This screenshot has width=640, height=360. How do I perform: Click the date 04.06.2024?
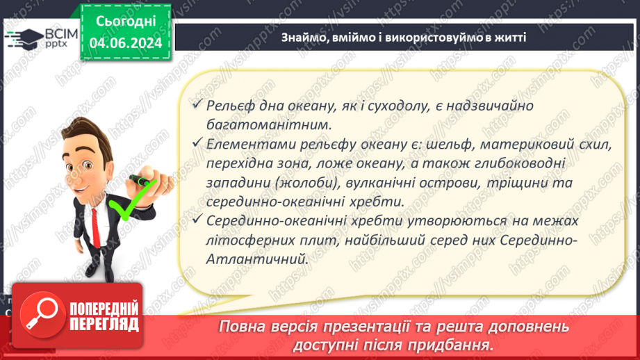(126, 43)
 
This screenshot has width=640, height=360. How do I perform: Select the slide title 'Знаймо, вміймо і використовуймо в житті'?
(403, 37)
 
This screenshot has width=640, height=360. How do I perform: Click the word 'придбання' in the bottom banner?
(450, 345)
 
